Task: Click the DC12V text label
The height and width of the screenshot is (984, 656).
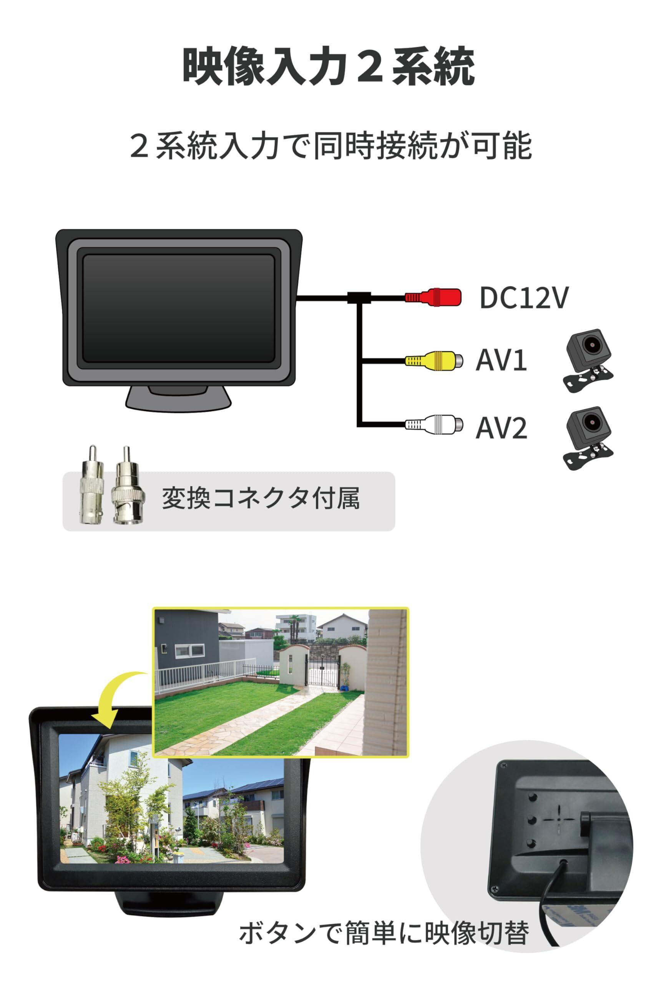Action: click(x=524, y=298)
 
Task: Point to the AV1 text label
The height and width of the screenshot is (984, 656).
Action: click(x=501, y=360)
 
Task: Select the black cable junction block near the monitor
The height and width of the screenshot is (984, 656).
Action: click(x=359, y=298)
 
